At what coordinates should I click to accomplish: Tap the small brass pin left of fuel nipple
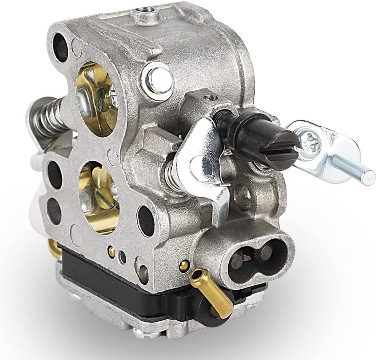click(x=184, y=266)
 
